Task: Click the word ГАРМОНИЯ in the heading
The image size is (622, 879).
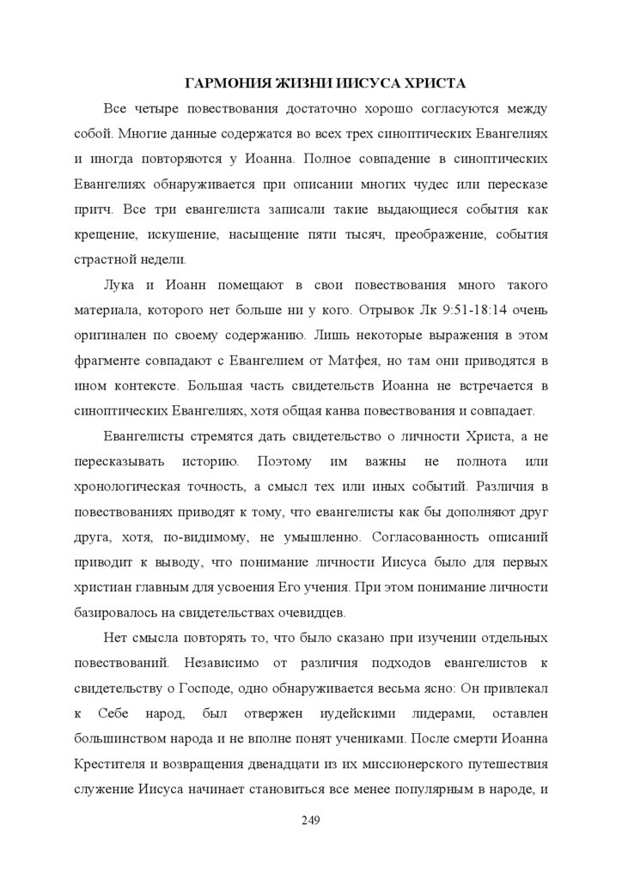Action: coord(226,84)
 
